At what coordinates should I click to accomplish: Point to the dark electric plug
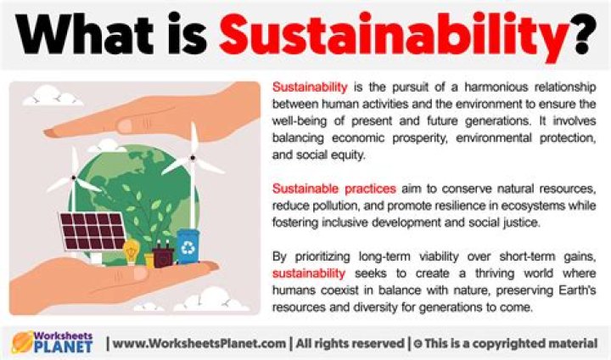click(x=163, y=252)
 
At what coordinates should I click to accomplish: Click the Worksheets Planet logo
click(x=51, y=342)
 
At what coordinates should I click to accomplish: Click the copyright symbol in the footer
click(x=418, y=343)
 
